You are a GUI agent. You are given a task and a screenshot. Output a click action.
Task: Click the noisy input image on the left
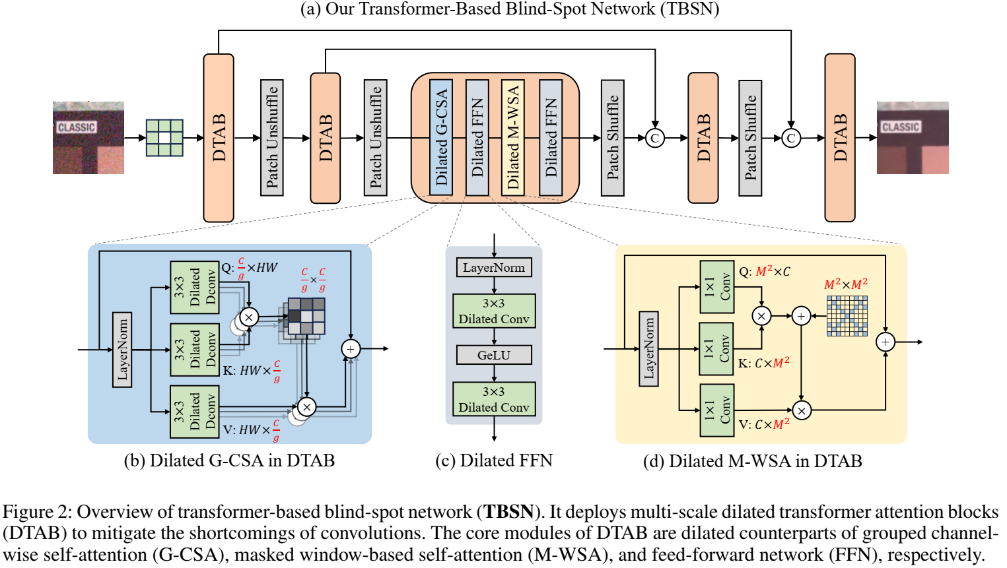[x=88, y=138]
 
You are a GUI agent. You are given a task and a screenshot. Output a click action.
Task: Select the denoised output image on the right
[x=913, y=138]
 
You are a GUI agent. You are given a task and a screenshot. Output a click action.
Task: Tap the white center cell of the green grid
[x=164, y=138]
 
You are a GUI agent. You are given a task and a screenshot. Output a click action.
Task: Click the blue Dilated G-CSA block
[x=441, y=137]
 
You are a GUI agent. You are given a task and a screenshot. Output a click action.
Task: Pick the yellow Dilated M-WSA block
[x=513, y=137]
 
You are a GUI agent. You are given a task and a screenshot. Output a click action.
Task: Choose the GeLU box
[x=494, y=355]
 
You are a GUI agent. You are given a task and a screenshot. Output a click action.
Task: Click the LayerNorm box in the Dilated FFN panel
[x=494, y=268]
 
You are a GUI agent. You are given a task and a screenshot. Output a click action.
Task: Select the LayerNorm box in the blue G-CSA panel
[x=122, y=350]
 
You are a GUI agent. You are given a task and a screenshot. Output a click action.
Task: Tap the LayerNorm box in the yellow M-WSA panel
[x=648, y=348]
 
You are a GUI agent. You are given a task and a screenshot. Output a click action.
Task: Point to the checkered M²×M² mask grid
[x=847, y=315]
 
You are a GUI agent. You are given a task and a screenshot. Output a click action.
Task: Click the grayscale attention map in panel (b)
[x=306, y=316]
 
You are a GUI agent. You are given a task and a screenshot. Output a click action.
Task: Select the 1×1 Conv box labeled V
[x=717, y=410]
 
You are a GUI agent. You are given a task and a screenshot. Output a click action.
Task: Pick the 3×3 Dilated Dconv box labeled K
[x=195, y=350]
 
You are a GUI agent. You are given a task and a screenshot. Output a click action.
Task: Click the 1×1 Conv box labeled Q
[x=717, y=287]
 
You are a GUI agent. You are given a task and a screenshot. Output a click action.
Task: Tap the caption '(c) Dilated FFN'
[x=494, y=460]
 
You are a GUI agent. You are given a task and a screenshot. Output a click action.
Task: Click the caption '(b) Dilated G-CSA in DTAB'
[x=229, y=460]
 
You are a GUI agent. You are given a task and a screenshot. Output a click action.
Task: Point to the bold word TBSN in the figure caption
[x=508, y=512]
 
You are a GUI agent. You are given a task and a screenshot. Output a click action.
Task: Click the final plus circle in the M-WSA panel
[x=885, y=342]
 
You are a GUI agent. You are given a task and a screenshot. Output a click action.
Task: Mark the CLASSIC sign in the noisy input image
[x=77, y=127]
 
